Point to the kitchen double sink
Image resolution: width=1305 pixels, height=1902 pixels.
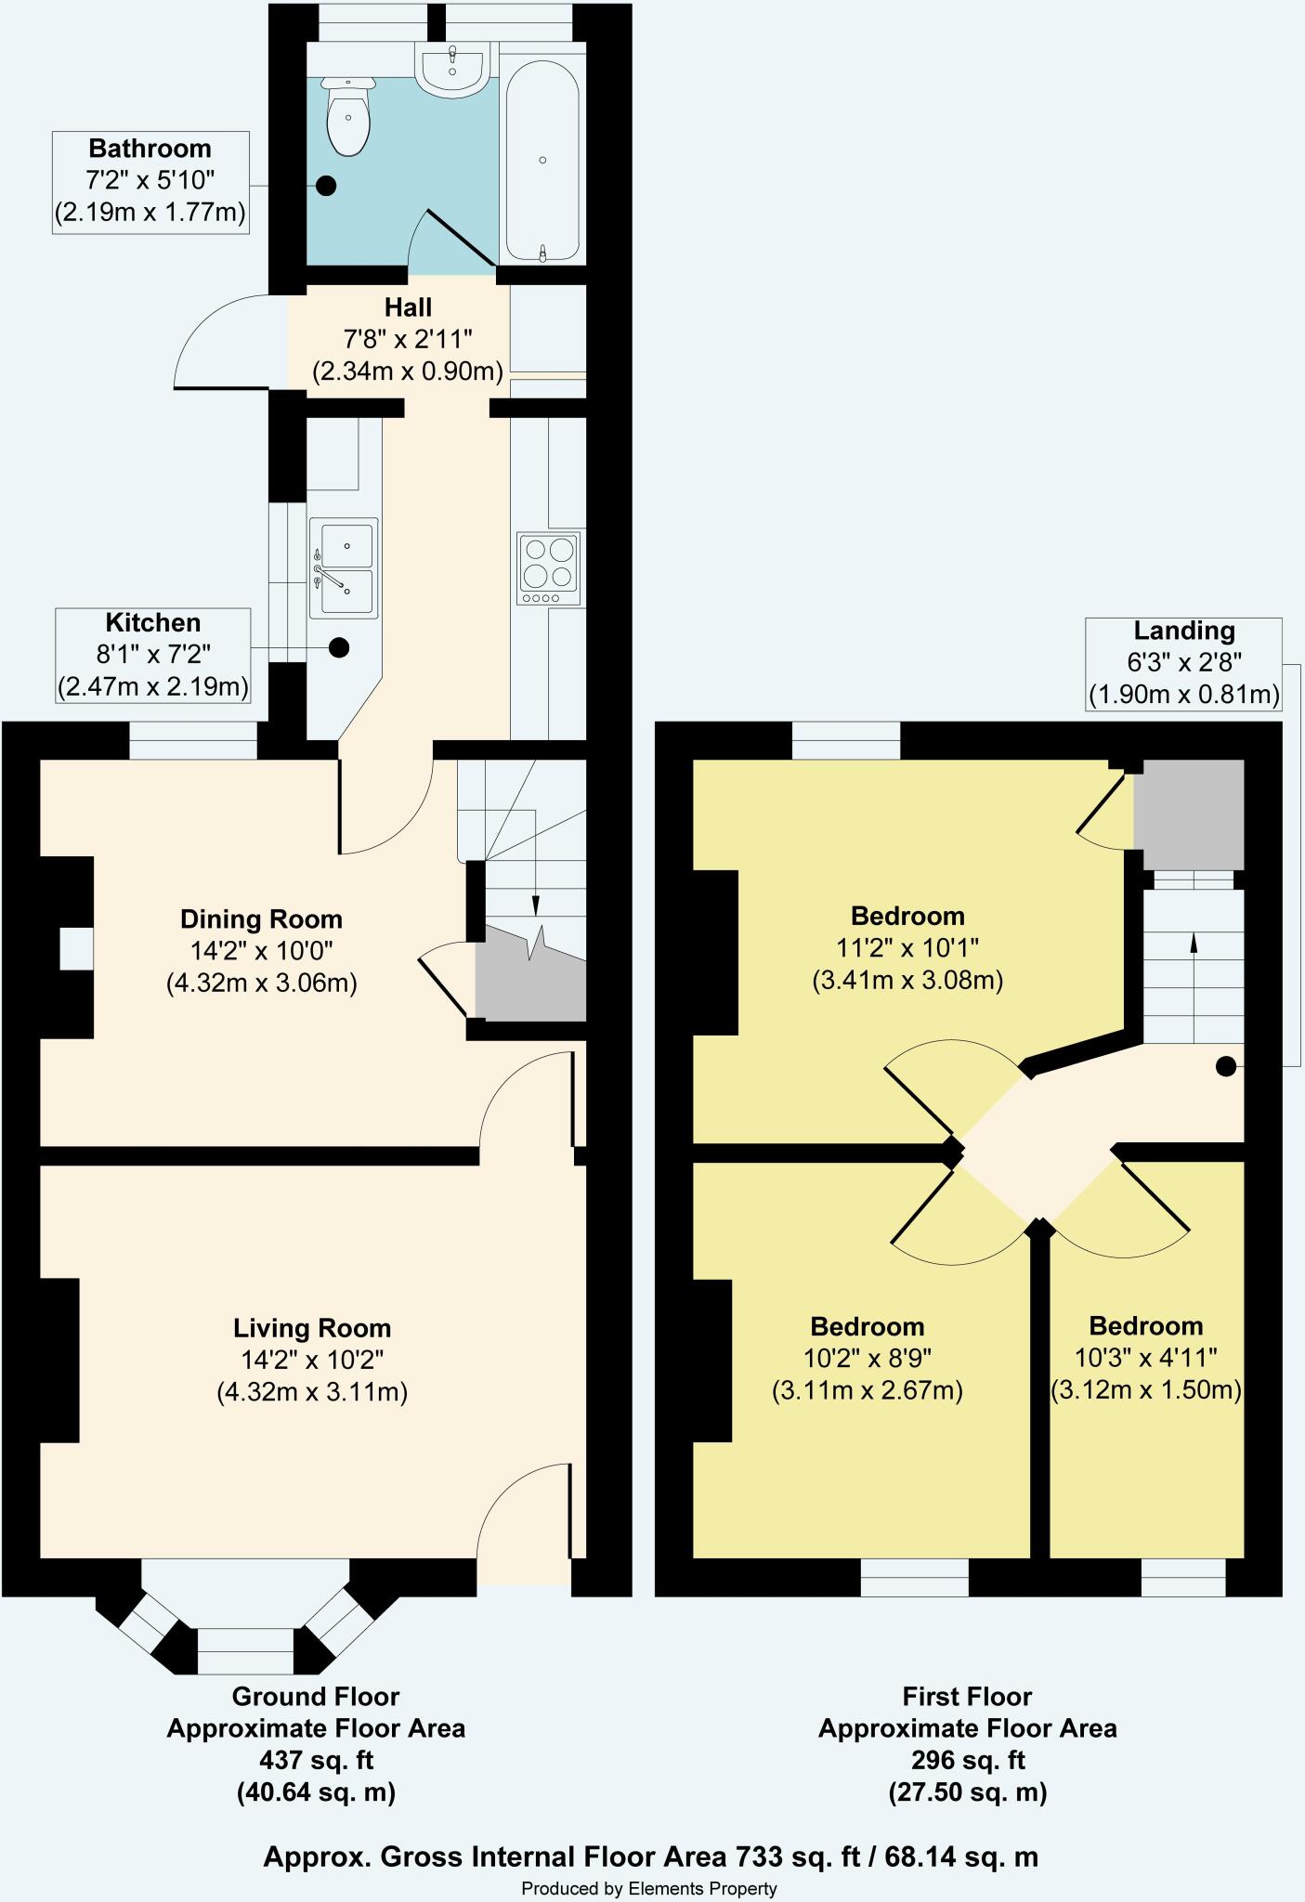344,568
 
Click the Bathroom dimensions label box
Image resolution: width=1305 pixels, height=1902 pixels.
150,182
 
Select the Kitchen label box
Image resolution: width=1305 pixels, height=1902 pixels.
153,656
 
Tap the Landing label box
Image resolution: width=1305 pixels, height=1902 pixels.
1183,664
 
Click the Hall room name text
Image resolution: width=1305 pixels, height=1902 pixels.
409,307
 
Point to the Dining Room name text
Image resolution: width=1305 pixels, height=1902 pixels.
261,919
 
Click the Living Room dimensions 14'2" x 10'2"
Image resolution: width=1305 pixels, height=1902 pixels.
311,1360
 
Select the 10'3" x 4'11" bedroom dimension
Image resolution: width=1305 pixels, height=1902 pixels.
1145,1358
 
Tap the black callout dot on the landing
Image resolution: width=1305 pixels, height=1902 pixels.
1226,1066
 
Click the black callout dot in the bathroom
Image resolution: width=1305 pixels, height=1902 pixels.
325,186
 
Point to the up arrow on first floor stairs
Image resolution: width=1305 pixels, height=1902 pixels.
1194,943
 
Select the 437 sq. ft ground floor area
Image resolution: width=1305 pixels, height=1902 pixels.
317,1760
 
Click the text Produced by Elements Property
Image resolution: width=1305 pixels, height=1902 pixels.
649,1888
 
